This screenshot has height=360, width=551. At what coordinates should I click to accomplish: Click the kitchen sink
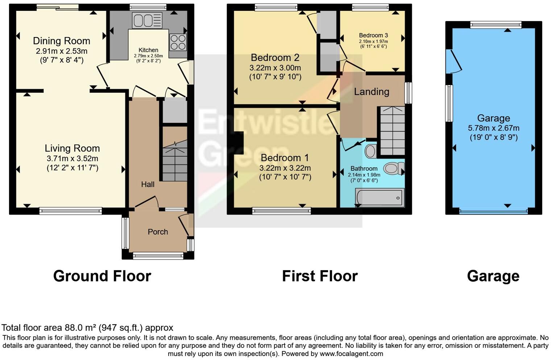pos(147,20)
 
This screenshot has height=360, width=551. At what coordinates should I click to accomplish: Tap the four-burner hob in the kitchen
pos(178,42)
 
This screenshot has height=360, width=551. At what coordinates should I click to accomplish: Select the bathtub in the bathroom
pos(380,198)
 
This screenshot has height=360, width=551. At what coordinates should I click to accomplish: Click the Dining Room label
pos(61,41)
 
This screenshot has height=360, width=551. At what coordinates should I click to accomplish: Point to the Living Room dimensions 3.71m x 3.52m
pos(72,158)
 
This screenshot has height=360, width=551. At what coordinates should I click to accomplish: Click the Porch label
pos(158,232)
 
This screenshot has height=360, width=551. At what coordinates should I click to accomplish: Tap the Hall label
pos(148,184)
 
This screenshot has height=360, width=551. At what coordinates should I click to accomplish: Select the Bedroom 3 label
pos(373,35)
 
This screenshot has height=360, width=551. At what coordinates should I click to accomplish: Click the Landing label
pos(372,92)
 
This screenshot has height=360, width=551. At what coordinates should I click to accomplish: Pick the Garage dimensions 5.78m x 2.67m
pos(493,128)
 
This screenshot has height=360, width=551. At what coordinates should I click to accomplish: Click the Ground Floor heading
pos(102,276)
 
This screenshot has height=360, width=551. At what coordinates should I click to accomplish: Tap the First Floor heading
pos(320,276)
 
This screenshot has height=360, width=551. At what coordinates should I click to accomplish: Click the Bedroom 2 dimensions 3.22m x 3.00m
pos(275,68)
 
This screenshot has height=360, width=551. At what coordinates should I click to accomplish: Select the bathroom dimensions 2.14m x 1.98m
pos(364,175)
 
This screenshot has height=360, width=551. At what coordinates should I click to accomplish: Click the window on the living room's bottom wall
pos(71,211)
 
